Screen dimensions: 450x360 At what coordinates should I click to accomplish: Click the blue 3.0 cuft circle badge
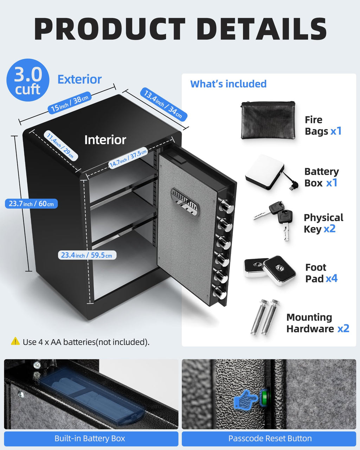[28, 80]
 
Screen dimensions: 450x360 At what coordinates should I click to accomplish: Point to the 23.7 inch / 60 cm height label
[31, 204]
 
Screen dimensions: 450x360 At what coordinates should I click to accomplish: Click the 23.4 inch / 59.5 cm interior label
[86, 255]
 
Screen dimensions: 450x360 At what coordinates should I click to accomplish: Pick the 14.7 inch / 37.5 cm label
[128, 158]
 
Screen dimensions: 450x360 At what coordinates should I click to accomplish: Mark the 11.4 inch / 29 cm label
[60, 145]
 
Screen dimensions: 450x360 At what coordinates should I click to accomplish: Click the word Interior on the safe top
[105, 140]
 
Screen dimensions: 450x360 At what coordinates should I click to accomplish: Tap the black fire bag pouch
[268, 120]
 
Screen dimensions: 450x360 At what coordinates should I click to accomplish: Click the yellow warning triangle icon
[15, 341]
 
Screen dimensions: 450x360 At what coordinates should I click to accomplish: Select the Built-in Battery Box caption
[90, 438]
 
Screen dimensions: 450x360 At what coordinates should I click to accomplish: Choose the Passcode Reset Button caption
[270, 438]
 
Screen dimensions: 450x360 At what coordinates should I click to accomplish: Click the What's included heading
[228, 84]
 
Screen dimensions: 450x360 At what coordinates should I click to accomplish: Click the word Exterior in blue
[79, 79]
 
